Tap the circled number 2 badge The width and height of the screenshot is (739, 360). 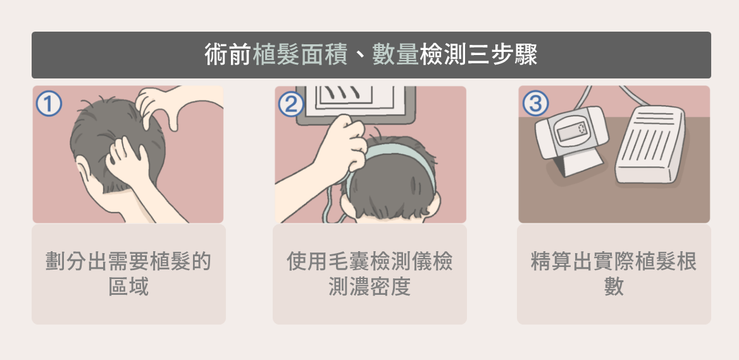pyautogui.click(x=291, y=104)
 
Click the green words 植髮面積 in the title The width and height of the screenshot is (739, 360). pyautogui.click(x=300, y=54)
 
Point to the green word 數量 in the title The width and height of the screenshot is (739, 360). pyautogui.click(x=395, y=54)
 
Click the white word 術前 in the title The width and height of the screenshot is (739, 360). pyautogui.click(x=228, y=54)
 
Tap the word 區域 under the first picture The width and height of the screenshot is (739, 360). pyautogui.click(x=128, y=286)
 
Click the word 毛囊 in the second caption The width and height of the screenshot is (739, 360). pyautogui.click(x=349, y=261)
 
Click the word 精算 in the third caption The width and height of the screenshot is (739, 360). pyautogui.click(x=552, y=261)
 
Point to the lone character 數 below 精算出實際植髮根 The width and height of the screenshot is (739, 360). pyautogui.click(x=614, y=286)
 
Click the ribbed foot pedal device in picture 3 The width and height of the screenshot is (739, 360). pyautogui.click(x=650, y=145)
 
